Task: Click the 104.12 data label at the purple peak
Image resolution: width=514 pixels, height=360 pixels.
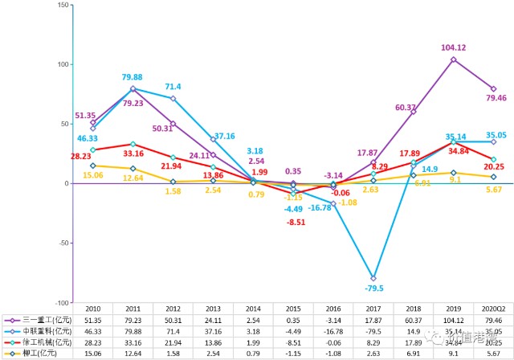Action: [454, 47]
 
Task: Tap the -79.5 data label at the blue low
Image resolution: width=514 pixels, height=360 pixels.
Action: [374, 288]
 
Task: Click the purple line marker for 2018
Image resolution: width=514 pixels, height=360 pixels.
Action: [414, 112]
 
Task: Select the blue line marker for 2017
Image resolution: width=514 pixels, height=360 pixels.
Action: [373, 278]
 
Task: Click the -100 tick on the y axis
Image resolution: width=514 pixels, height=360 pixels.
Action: [62, 302]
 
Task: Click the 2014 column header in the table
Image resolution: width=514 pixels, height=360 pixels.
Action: [253, 308]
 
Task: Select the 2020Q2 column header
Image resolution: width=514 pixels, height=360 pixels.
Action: [493, 308]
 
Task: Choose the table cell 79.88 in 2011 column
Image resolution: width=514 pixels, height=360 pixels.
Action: [133, 330]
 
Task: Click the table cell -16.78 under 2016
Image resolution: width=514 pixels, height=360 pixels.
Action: [333, 330]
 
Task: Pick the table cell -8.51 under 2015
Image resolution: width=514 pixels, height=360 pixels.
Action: [293, 342]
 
